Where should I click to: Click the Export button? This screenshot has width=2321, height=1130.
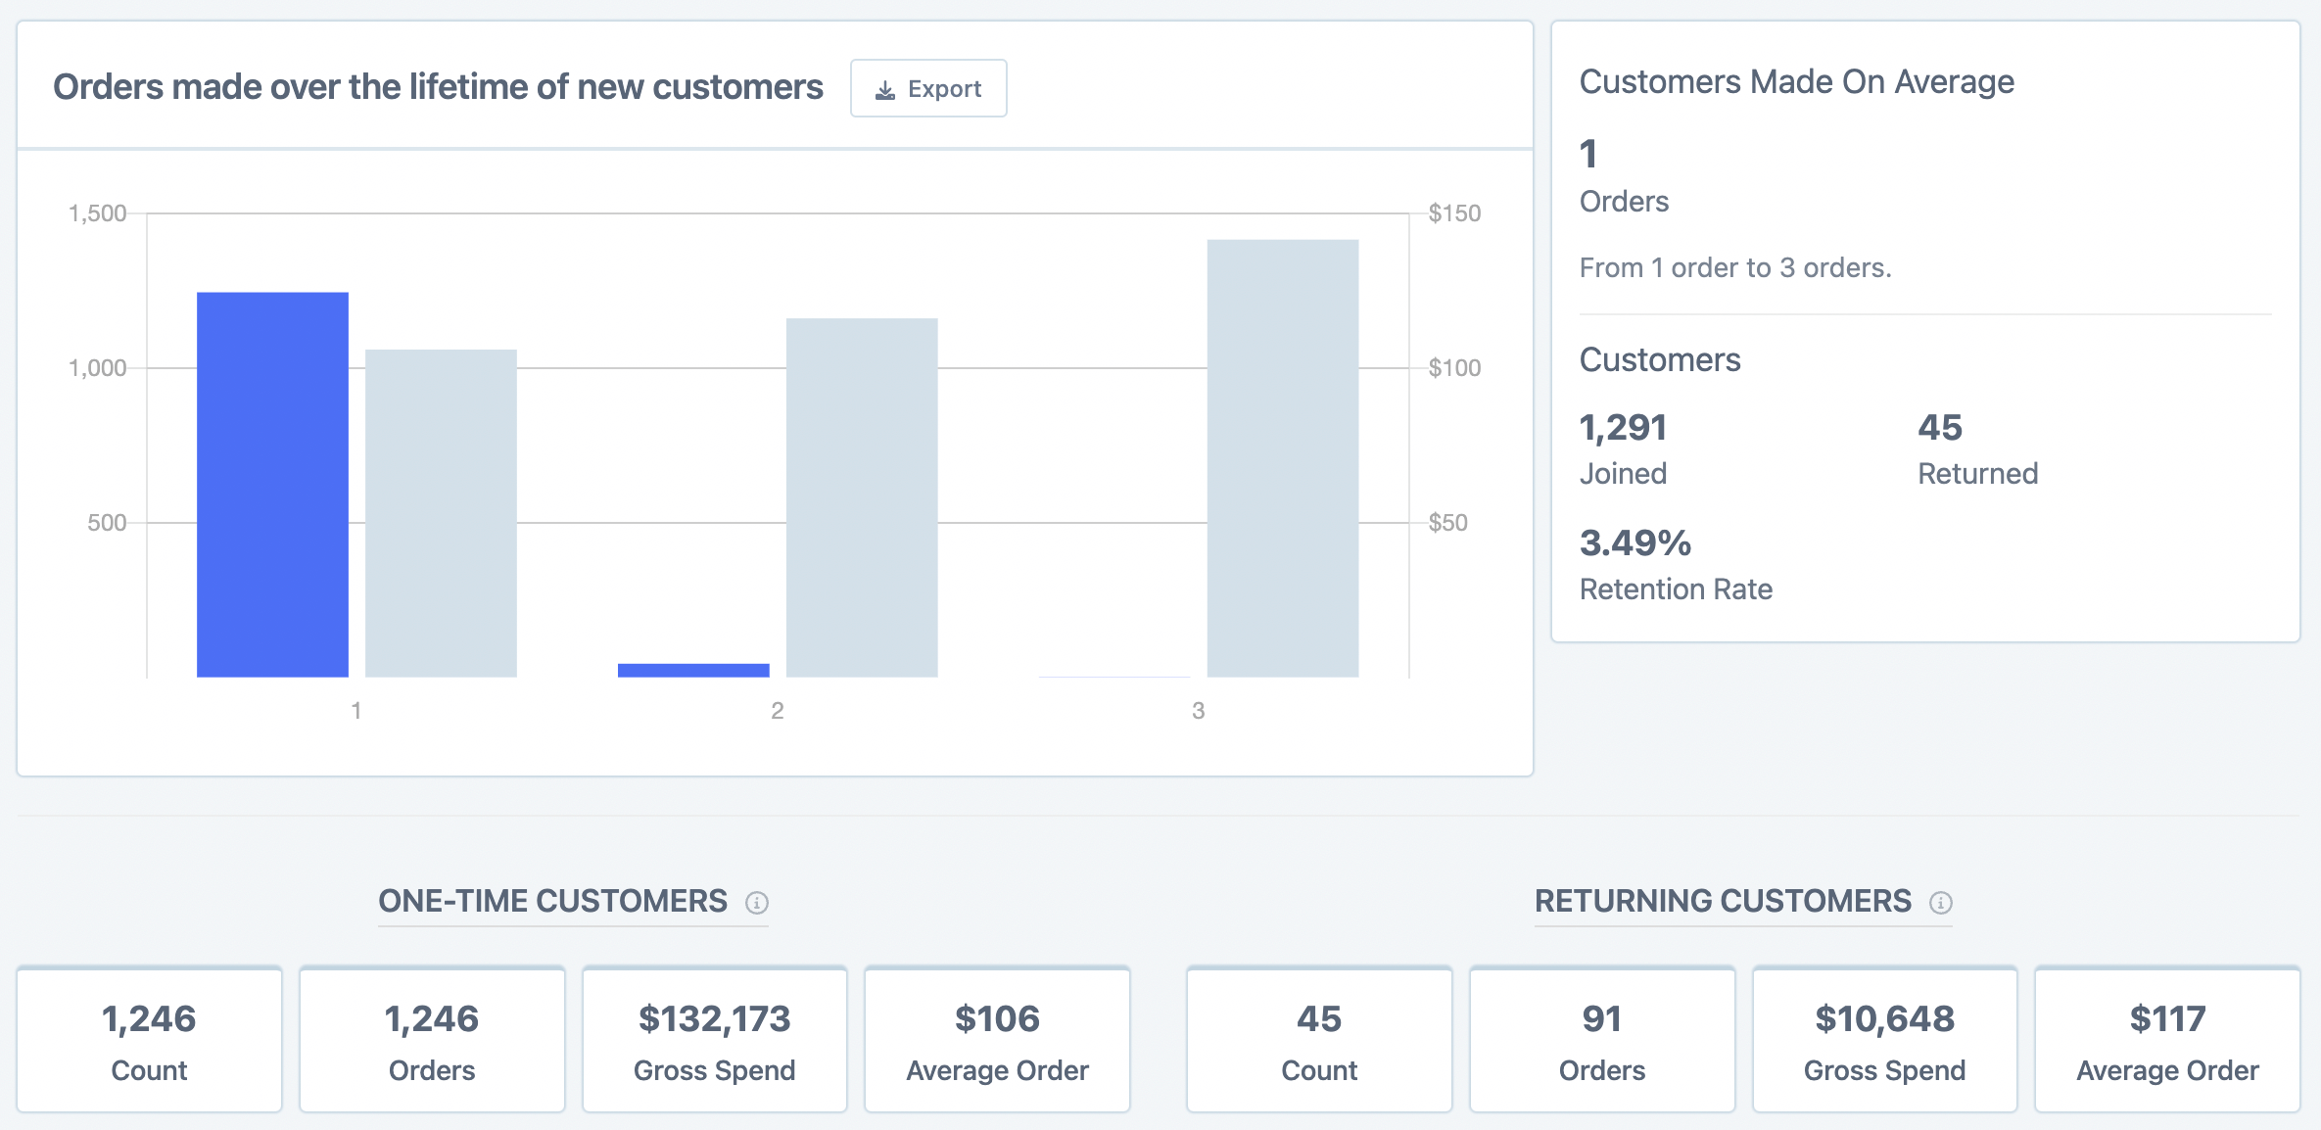(x=927, y=89)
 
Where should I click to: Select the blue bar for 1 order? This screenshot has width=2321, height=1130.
(x=272, y=484)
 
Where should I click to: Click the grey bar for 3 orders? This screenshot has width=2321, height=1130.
(x=1282, y=457)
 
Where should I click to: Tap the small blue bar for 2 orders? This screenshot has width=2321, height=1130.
(x=693, y=670)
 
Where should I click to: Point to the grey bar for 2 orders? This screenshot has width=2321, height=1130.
(x=862, y=496)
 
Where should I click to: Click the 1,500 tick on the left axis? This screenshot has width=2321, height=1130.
(x=97, y=213)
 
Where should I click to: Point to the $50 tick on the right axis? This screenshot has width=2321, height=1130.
(x=1447, y=522)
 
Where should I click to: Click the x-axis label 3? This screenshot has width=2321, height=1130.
(x=1198, y=711)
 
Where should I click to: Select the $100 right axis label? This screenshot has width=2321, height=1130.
(x=1453, y=368)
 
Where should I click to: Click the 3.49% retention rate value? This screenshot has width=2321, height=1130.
(x=1634, y=543)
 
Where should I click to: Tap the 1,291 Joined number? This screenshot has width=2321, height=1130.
(x=1623, y=428)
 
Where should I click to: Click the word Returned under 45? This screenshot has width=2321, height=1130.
(x=1977, y=474)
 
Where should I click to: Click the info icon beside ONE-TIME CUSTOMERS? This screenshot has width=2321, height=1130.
(x=757, y=902)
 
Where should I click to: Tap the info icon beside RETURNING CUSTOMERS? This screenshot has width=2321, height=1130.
(x=1940, y=902)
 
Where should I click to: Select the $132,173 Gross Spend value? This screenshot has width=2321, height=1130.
(x=714, y=1019)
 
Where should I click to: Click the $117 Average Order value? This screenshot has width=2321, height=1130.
(x=2167, y=1019)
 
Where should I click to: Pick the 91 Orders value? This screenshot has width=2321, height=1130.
(x=1602, y=1019)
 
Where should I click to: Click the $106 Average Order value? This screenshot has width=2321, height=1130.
(x=997, y=1019)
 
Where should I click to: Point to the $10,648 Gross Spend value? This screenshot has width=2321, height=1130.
(x=1884, y=1019)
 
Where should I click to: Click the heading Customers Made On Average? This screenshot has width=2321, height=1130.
(x=1796, y=82)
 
